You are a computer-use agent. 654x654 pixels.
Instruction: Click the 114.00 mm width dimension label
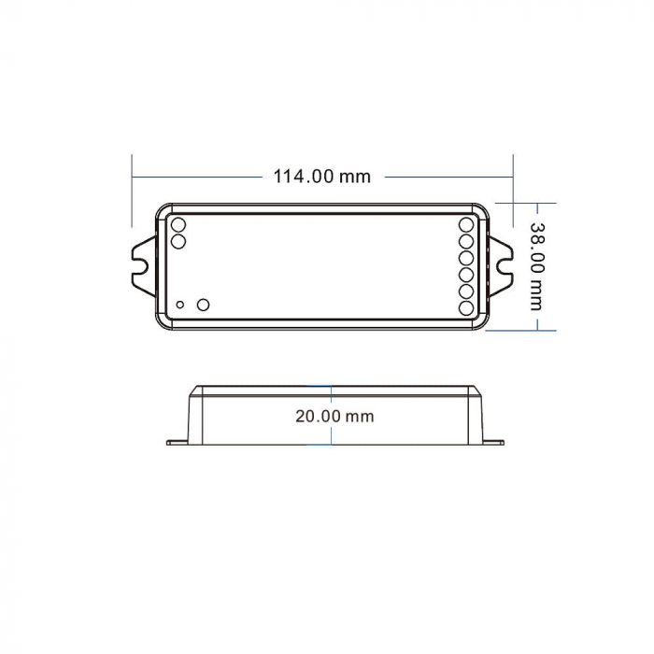point(321,176)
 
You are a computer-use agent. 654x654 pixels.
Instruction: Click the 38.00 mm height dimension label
point(536,265)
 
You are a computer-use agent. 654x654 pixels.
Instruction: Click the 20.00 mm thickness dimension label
point(334,416)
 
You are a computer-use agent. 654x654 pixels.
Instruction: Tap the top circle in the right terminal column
point(466,224)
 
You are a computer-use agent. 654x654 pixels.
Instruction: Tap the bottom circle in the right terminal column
point(466,307)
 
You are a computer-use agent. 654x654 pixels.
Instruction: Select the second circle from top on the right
point(466,241)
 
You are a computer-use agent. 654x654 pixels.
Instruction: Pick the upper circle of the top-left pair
point(178,224)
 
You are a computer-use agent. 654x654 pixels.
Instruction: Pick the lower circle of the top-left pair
point(178,241)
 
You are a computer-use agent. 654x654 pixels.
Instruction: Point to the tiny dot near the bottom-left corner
point(180,305)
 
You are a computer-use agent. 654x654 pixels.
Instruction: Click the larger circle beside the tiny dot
point(203,304)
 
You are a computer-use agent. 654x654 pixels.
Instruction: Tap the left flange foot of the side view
point(178,442)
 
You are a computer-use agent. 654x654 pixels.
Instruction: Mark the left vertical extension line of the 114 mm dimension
point(132,192)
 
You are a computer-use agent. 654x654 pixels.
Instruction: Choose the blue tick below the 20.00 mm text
point(332,437)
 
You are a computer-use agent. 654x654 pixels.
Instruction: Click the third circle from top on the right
point(466,258)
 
